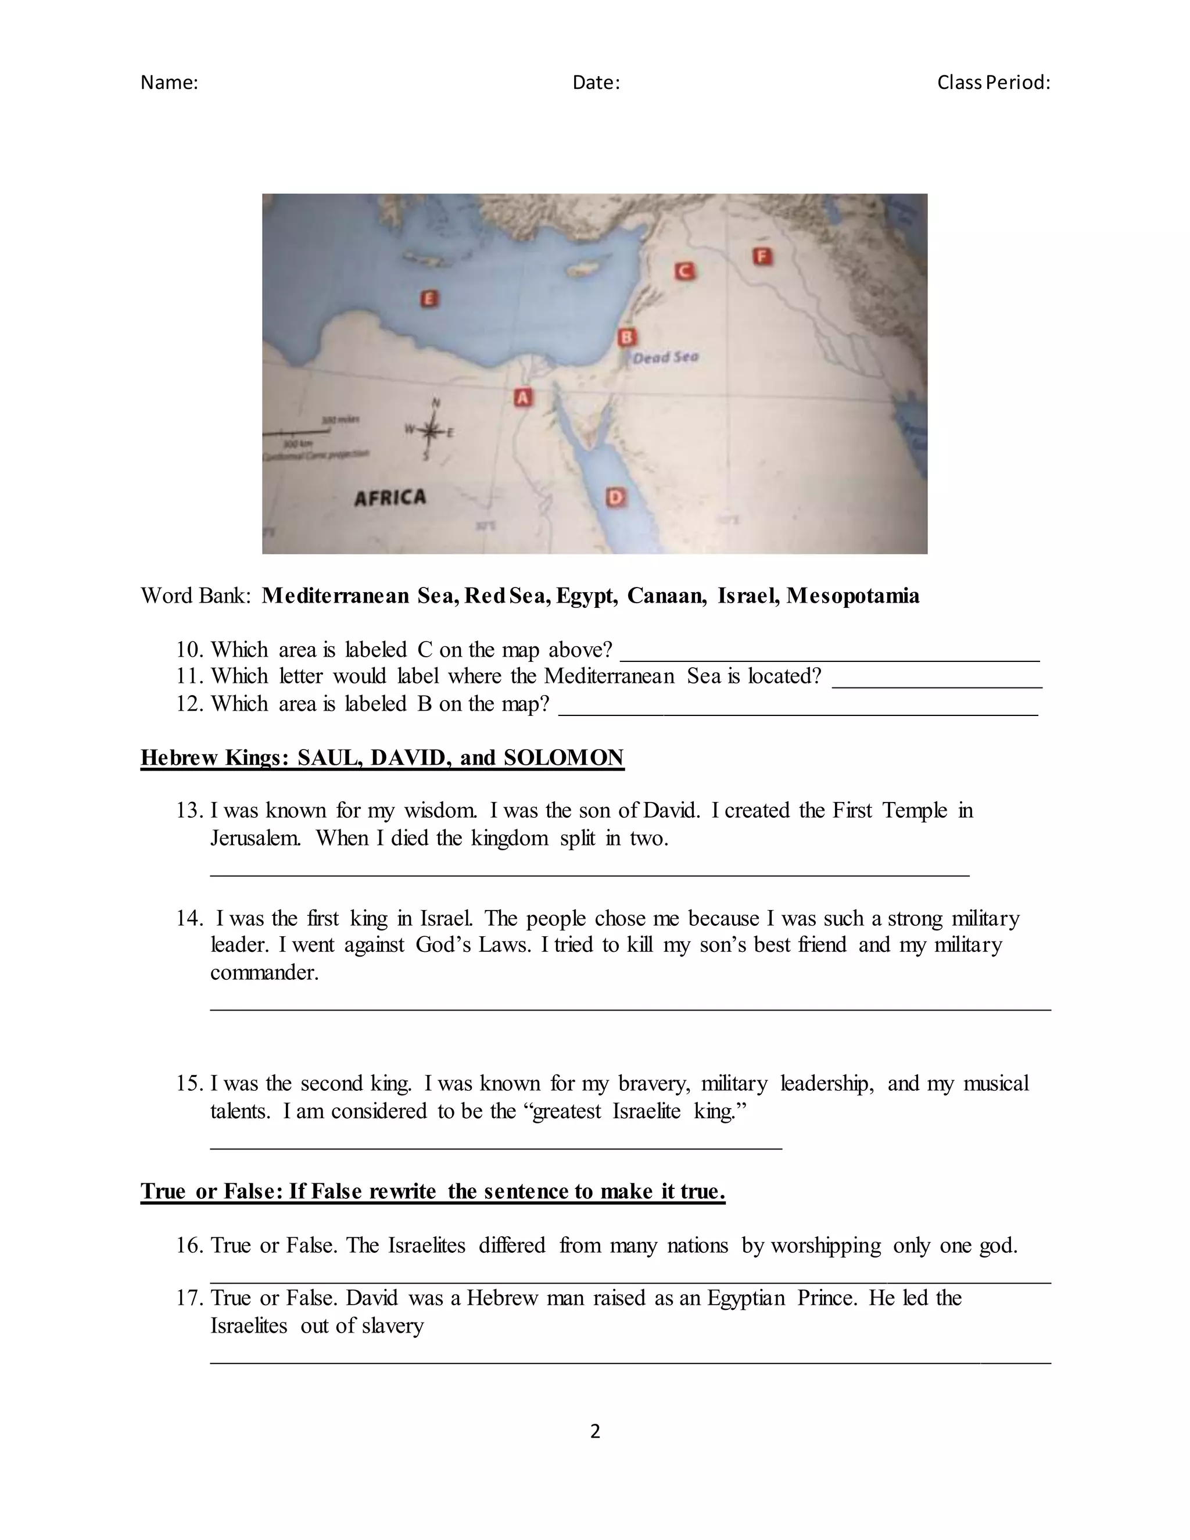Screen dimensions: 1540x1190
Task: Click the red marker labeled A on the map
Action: point(522,397)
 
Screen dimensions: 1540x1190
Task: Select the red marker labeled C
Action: point(683,271)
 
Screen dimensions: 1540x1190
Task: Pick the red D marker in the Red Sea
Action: point(615,498)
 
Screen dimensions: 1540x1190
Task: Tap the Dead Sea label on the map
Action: point(665,357)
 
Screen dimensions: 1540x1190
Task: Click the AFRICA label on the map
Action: point(390,498)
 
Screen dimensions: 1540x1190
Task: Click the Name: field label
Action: point(169,83)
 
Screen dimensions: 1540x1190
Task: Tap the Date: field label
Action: point(596,83)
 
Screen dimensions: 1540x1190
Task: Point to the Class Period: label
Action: point(993,83)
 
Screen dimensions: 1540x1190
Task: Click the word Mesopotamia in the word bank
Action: point(853,596)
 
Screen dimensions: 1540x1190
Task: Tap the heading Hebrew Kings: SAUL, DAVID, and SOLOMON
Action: point(382,757)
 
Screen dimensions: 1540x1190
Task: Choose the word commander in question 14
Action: point(264,972)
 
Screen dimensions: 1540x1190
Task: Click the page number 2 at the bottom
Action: point(595,1431)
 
